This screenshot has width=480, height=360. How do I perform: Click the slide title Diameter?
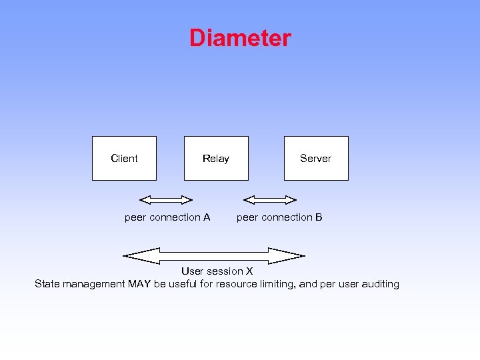tap(240, 38)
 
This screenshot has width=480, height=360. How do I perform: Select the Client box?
tap(124, 158)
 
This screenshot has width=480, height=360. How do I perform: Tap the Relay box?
tap(216, 158)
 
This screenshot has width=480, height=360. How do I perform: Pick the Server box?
tap(316, 158)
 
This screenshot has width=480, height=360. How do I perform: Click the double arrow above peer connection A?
tap(166, 199)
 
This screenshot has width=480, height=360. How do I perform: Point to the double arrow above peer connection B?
tap(270, 199)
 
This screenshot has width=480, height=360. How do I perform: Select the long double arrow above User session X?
tap(214, 255)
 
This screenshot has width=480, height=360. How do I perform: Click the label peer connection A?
tap(167, 217)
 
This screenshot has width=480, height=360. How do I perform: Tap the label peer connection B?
tap(279, 217)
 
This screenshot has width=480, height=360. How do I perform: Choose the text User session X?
tap(217, 271)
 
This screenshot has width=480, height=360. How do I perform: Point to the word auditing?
tap(380, 284)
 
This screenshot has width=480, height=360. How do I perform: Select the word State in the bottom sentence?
tap(47, 284)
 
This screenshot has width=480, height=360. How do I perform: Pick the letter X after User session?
tap(249, 271)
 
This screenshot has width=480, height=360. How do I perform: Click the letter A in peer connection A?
tap(207, 217)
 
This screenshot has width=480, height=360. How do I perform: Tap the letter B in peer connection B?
tap(319, 217)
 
